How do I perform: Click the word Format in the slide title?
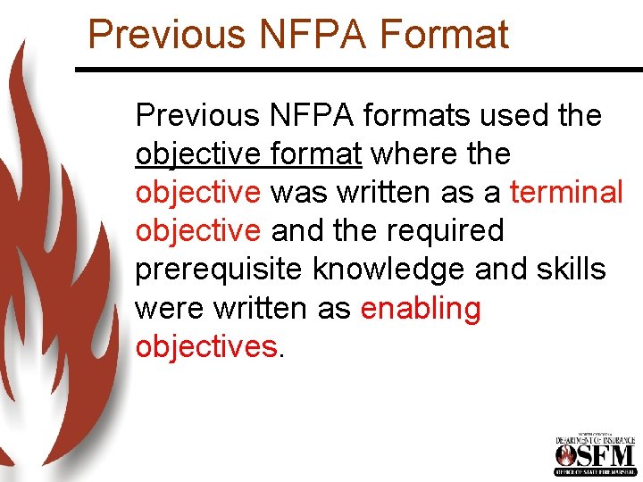(x=444, y=34)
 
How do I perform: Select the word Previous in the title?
(x=165, y=34)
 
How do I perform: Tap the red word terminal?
(x=565, y=192)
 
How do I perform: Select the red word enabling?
(x=421, y=309)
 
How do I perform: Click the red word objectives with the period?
(x=207, y=346)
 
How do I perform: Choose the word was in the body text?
(x=299, y=192)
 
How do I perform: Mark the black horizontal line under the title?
(x=357, y=69)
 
